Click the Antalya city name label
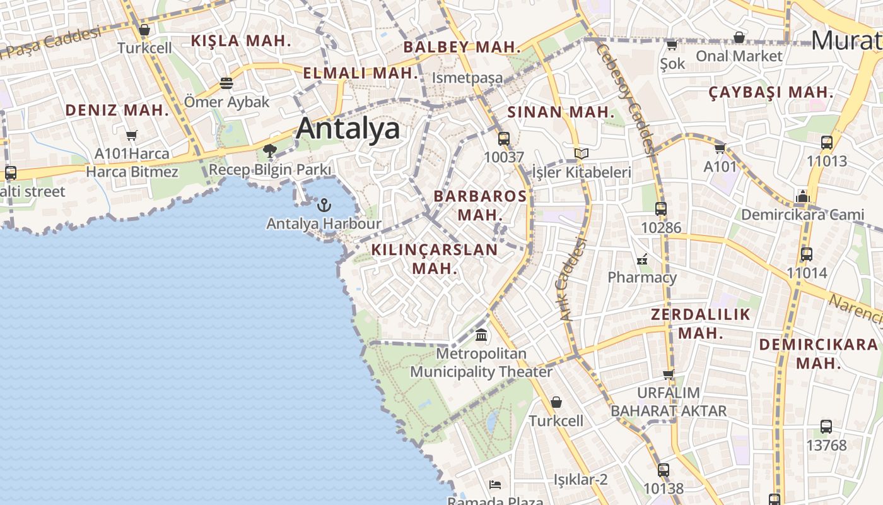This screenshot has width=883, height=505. click(x=348, y=128)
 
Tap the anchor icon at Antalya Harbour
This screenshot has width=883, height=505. click(x=324, y=205)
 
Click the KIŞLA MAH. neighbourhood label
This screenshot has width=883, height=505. click(x=241, y=42)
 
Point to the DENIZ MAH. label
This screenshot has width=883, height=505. click(x=117, y=110)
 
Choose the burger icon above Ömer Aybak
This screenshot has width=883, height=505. click(x=226, y=83)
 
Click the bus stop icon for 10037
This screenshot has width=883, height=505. click(x=504, y=139)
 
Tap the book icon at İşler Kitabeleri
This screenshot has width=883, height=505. click(x=581, y=153)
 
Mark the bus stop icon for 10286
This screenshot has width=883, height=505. click(x=660, y=209)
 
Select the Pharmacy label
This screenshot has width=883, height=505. click(x=641, y=277)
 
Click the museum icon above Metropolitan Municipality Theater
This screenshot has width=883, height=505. click(x=481, y=335)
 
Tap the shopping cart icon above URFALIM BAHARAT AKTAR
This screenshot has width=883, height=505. click(x=668, y=374)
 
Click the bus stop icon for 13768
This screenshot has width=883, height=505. click(x=826, y=427)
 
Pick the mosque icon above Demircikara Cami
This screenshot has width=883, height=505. click(x=802, y=196)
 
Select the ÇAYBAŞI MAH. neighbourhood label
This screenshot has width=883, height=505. click(x=771, y=93)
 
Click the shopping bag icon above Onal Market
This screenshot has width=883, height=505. click(x=739, y=37)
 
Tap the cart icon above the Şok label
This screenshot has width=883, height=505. click(x=672, y=45)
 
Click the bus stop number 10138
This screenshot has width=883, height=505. click(x=663, y=489)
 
